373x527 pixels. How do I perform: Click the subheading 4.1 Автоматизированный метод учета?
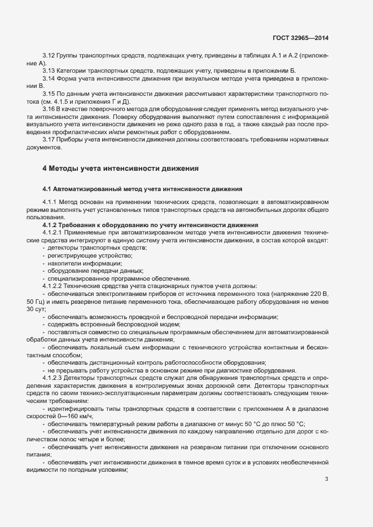coord(142,188)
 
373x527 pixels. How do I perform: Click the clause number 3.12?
coord(49,56)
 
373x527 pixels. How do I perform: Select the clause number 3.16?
coord(49,108)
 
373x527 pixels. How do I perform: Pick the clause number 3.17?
coord(49,139)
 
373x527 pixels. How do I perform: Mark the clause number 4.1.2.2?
coord(54,285)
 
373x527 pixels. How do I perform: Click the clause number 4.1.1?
coord(51,202)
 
